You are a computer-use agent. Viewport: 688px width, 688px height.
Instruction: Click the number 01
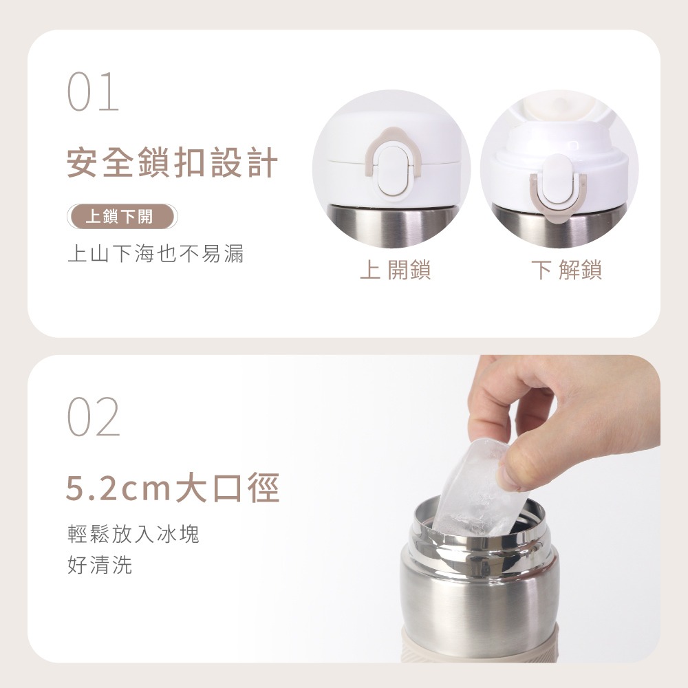point(93,92)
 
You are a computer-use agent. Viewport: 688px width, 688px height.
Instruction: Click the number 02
point(94,416)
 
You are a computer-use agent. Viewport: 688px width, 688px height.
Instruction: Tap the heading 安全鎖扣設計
point(173,163)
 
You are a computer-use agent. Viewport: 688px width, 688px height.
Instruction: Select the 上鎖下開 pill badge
point(122,217)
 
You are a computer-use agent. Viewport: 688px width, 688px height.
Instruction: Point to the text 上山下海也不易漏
point(155,254)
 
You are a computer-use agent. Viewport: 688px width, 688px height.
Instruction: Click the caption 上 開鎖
point(396,270)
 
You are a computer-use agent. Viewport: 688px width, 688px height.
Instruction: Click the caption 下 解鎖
point(566,270)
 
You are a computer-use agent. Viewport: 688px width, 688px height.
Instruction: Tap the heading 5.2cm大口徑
point(173,488)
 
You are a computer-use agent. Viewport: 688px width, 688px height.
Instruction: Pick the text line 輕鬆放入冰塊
point(133,534)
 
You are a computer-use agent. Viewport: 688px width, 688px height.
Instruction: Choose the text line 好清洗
point(100,565)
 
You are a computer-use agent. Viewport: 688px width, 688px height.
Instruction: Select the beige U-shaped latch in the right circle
point(558,195)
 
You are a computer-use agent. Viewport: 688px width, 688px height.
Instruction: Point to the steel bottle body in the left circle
point(392,225)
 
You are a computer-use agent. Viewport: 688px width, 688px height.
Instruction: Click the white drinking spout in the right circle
point(559,139)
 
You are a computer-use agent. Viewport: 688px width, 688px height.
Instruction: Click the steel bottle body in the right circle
point(559,226)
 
